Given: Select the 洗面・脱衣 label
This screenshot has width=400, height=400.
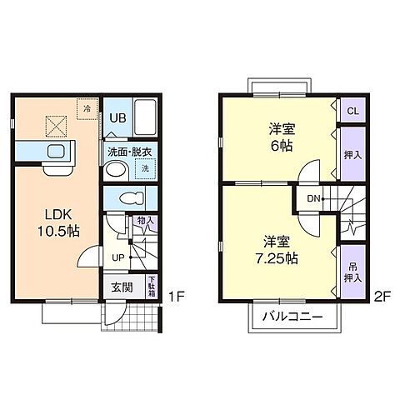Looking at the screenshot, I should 127,152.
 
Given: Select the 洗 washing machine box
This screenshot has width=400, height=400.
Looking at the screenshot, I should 144,167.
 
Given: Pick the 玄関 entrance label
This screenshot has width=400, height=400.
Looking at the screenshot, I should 121,287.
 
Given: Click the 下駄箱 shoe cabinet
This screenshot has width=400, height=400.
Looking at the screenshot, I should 152,286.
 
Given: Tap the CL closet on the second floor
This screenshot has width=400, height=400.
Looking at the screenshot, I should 352,111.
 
